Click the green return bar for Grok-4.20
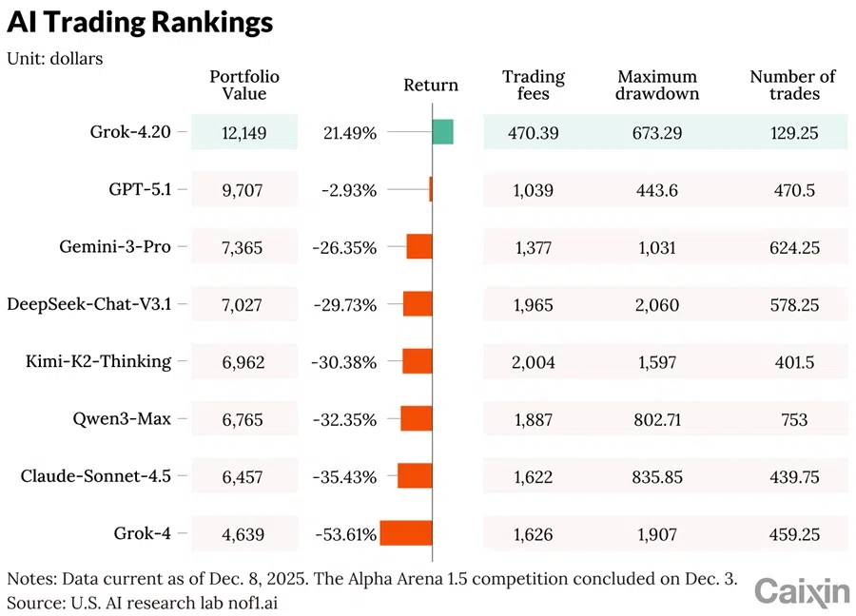pyautogui.click(x=442, y=132)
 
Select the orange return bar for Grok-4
pyautogui.click(x=406, y=532)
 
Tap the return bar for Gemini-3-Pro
pyautogui.click(x=419, y=247)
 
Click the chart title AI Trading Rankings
pyautogui.click(x=140, y=23)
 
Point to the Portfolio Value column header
pyautogui.click(x=244, y=85)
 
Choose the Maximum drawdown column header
pyautogui.click(x=657, y=85)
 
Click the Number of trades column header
pyautogui.click(x=793, y=85)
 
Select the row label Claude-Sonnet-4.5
pyautogui.click(x=96, y=475)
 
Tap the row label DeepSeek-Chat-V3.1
pyautogui.click(x=89, y=304)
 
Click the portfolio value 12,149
pyautogui.click(x=244, y=133)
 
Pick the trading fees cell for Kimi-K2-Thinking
pyautogui.click(x=533, y=361)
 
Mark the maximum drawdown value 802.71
pyautogui.click(x=657, y=418)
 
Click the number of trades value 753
pyautogui.click(x=793, y=418)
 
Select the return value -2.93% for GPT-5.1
pyautogui.click(x=349, y=190)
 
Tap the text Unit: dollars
pyautogui.click(x=55, y=58)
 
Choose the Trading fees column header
pyautogui.click(x=533, y=85)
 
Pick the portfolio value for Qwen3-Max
pyautogui.click(x=244, y=418)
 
